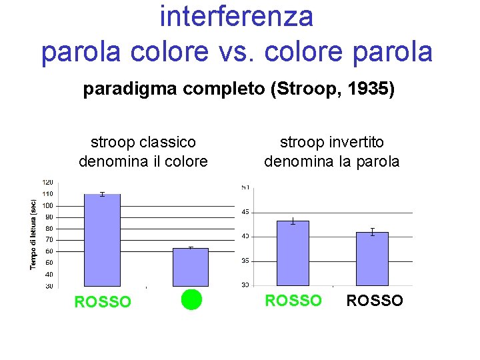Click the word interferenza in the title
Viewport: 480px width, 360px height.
(236, 17)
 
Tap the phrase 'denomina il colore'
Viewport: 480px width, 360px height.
(143, 161)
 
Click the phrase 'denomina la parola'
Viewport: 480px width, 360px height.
(331, 161)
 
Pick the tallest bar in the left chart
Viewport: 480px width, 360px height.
(102, 240)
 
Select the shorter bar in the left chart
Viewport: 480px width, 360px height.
(191, 267)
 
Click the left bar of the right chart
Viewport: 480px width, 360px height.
(293, 253)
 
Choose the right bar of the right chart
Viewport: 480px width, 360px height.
(372, 259)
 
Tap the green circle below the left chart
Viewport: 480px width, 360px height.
(191, 300)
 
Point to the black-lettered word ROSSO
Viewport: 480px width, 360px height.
(375, 301)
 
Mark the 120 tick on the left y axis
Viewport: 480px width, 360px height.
(49, 182)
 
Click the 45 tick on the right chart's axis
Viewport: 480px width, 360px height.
(246, 212)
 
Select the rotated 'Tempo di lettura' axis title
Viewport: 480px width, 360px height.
(33, 234)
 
